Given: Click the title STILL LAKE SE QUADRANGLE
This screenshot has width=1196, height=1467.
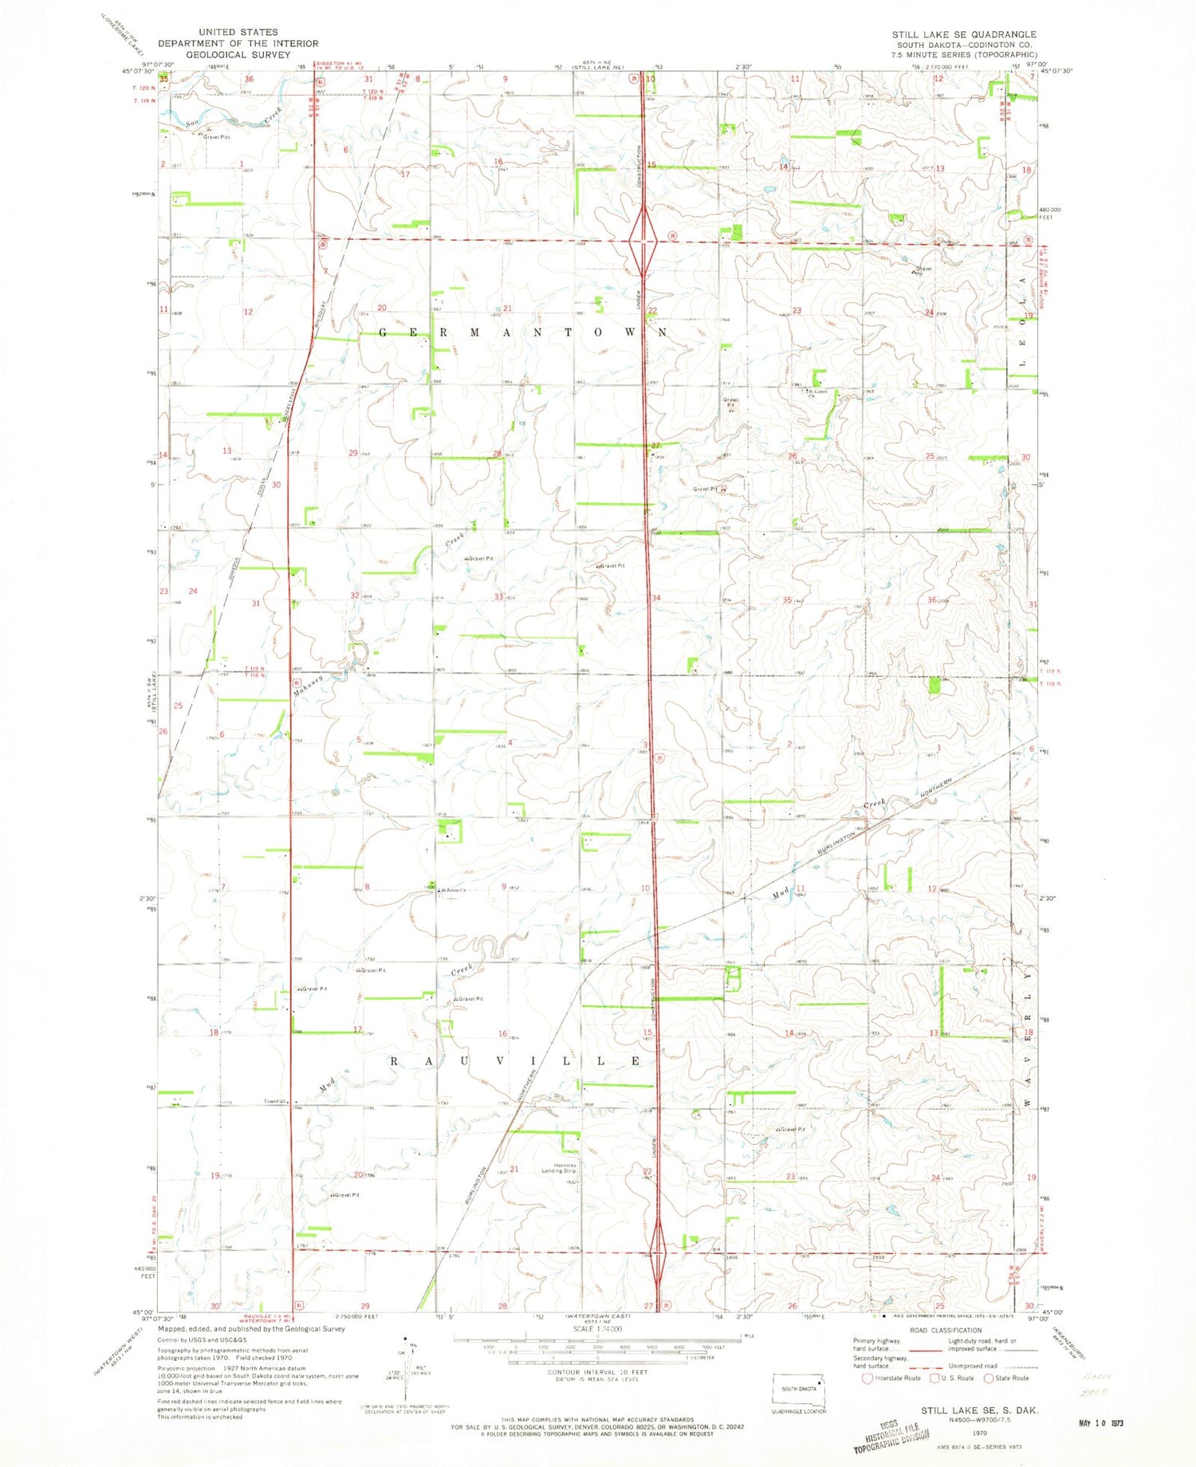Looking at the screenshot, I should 964,34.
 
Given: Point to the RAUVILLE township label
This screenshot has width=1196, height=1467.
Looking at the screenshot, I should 515,1061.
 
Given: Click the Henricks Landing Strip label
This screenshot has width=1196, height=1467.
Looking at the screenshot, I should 559,1168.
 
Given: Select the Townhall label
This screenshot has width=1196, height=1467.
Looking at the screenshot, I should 275,1102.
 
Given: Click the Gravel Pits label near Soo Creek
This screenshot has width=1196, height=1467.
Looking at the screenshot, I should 216,137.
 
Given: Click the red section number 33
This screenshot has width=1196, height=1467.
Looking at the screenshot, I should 498,596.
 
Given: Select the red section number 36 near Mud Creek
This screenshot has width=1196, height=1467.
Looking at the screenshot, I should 931,600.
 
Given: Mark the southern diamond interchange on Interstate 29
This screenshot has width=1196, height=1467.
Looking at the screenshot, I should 657,1250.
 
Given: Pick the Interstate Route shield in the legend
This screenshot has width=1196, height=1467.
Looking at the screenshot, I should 867,1378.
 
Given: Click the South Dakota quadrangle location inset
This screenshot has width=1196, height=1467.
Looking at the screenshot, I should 799,1388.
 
